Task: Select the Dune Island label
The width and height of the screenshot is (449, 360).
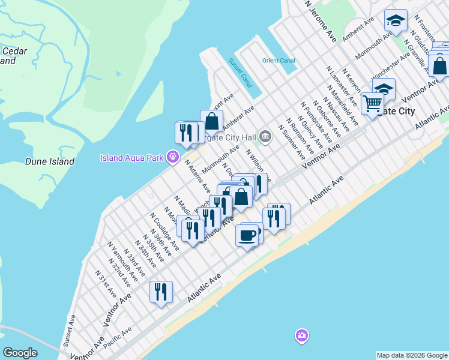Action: tap(50, 161)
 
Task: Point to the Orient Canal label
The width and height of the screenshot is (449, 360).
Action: tap(279, 61)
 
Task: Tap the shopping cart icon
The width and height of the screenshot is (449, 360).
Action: tap(372, 103)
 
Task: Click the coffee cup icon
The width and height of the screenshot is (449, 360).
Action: tap(247, 235)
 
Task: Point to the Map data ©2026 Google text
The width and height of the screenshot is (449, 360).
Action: tap(411, 355)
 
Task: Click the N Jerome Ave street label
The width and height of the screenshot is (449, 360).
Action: tap(321, 20)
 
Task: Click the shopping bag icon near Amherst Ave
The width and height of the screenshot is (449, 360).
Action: tap(212, 121)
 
